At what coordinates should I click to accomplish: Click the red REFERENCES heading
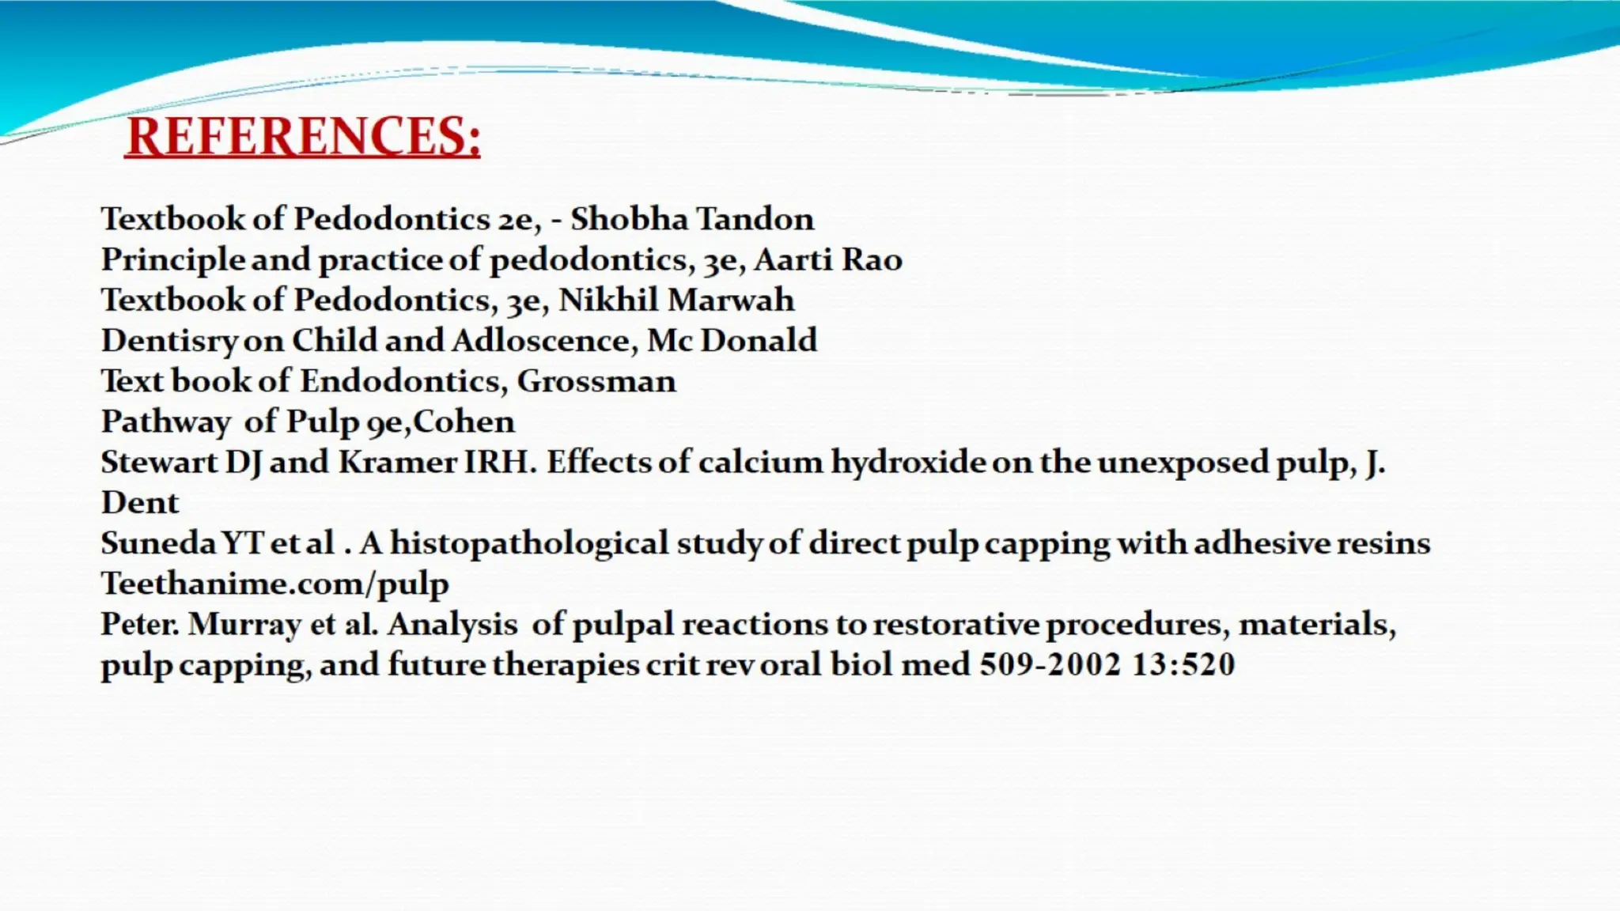coord(302,136)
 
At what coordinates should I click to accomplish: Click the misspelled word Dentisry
coord(169,341)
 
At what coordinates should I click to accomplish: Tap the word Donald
coord(759,341)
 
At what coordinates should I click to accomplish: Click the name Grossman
coord(596,381)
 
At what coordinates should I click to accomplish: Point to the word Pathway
coord(165,422)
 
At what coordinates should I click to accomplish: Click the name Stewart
coord(158,462)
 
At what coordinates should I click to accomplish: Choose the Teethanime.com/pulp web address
coord(274,584)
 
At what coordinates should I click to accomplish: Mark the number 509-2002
coord(1050,664)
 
